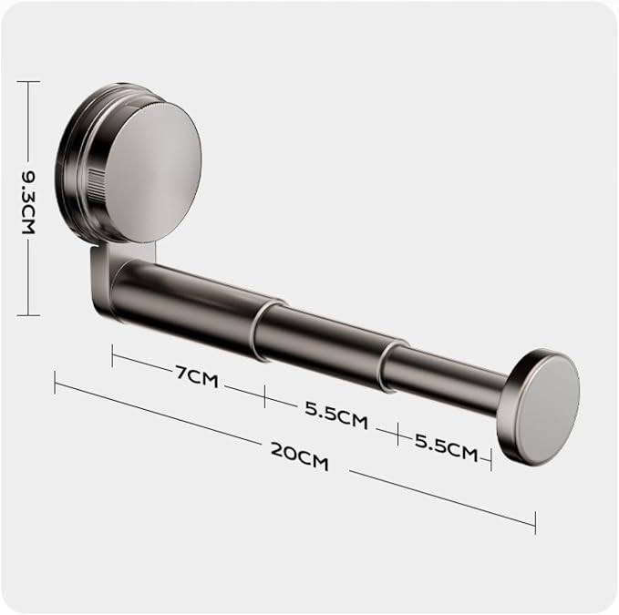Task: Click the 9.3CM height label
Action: (x=28, y=202)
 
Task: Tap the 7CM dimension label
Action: (x=197, y=376)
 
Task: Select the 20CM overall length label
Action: (x=300, y=456)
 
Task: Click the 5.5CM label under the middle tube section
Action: (x=336, y=415)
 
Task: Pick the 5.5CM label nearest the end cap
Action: (x=446, y=447)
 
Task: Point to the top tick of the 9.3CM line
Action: (x=28, y=82)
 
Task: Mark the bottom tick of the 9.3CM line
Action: (x=28, y=315)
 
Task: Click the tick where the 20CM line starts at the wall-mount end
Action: (x=55, y=383)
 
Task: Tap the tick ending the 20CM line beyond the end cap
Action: (x=535, y=523)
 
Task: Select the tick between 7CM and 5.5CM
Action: (x=264, y=396)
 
